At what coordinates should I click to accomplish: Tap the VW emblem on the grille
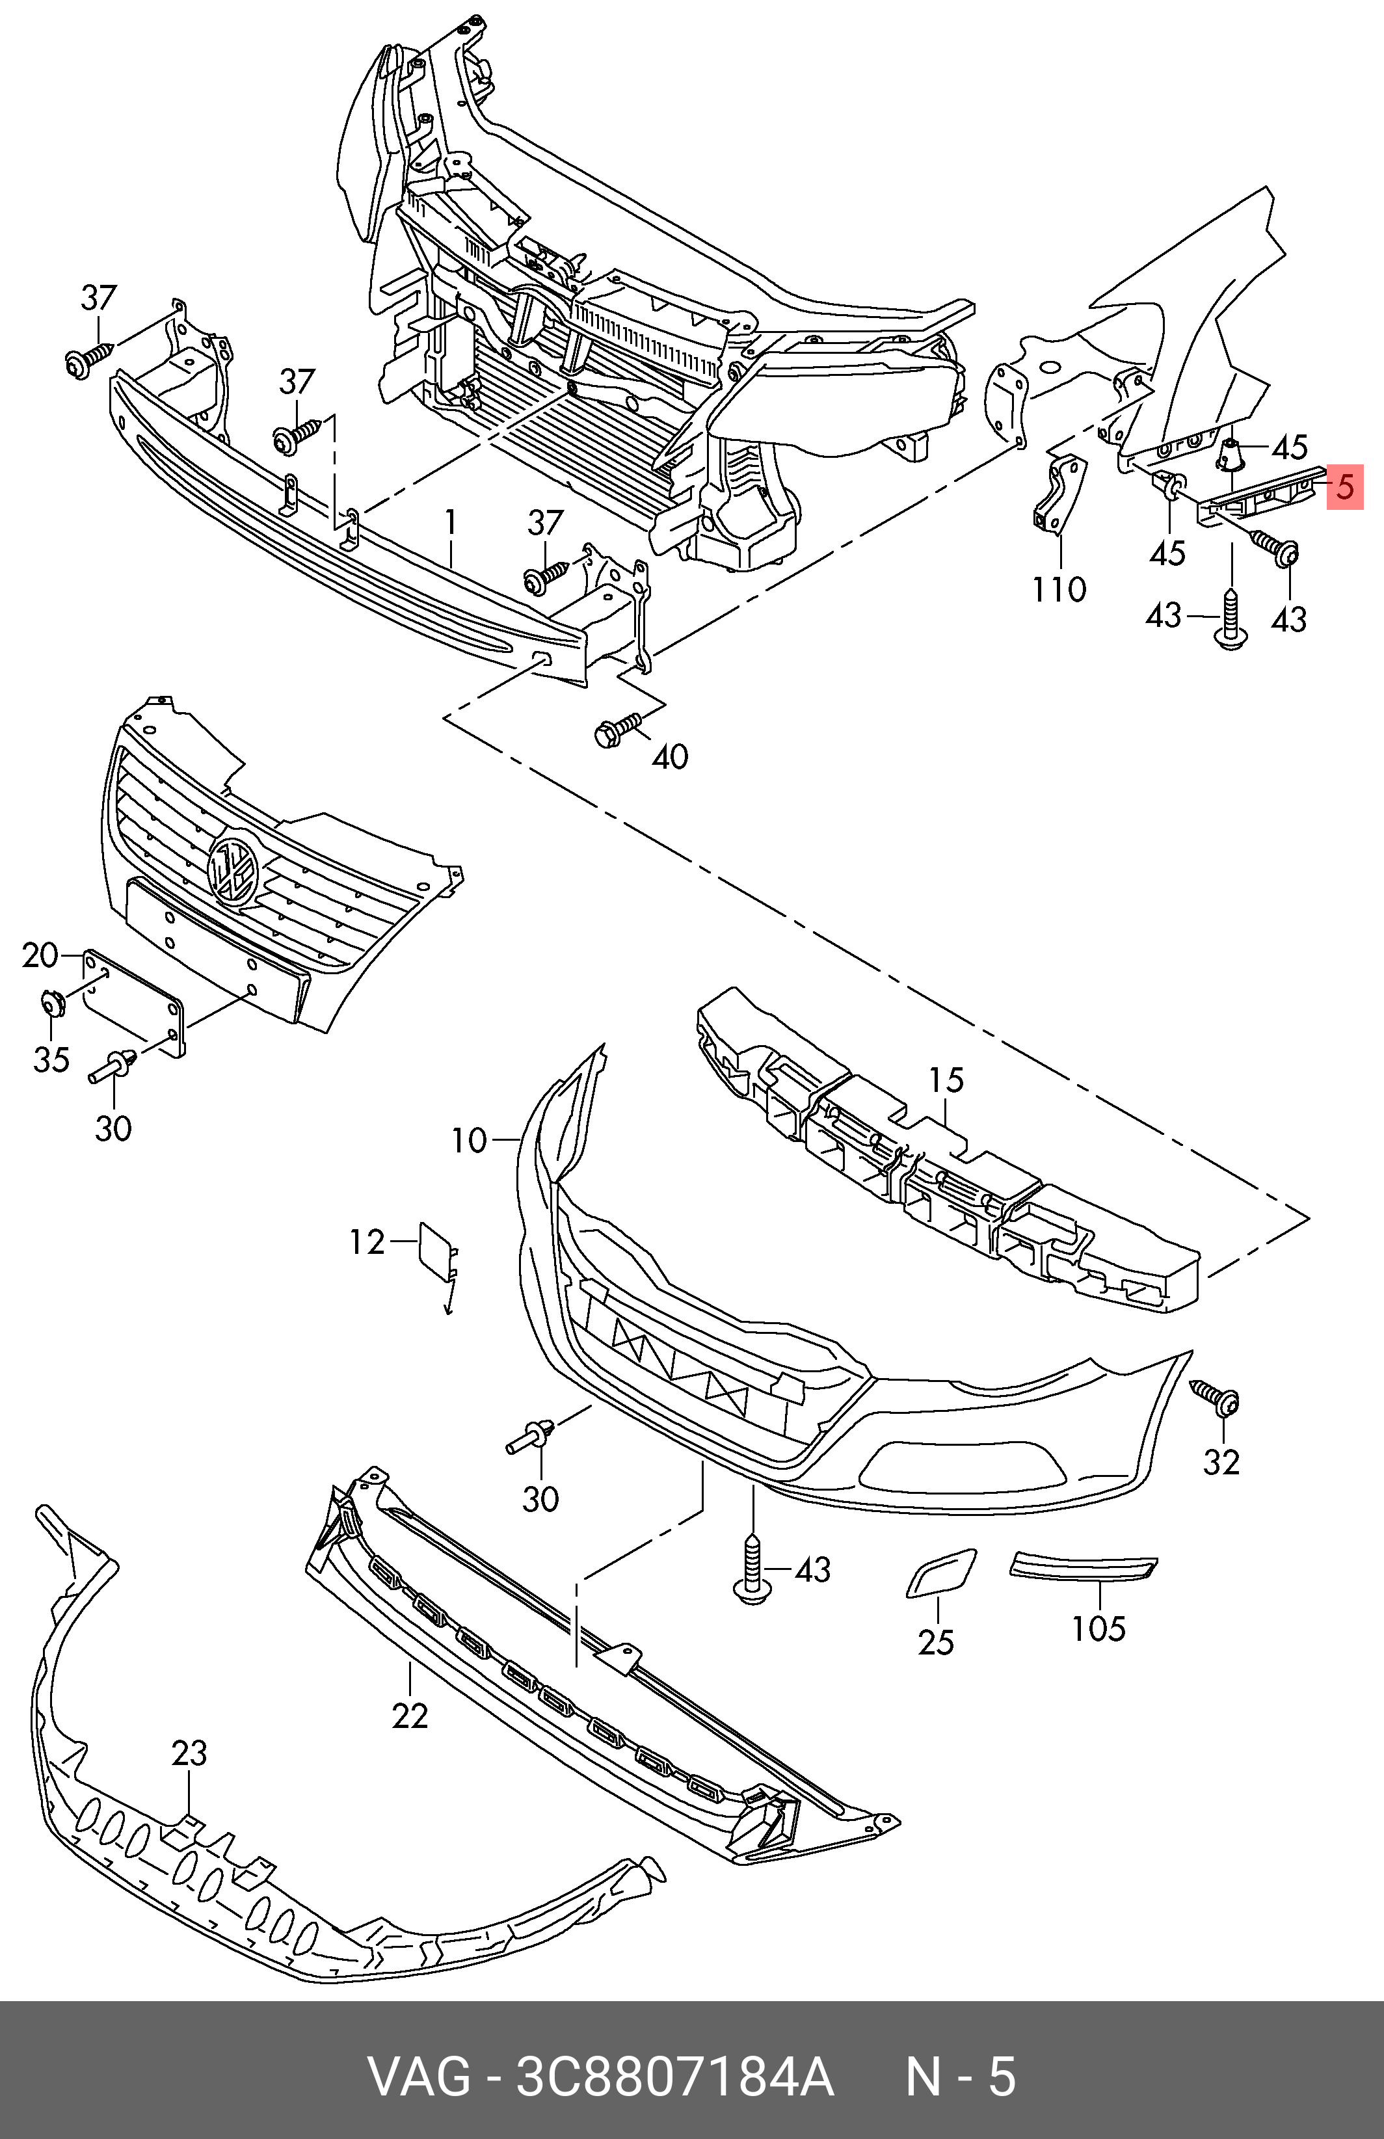(x=233, y=868)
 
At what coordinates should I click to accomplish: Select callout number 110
(x=1059, y=591)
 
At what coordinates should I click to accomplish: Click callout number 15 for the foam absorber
(x=946, y=1080)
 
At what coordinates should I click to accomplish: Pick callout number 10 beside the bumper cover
(x=468, y=1141)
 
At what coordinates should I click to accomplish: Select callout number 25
(x=935, y=1642)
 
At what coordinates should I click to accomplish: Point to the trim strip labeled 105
(x=1084, y=1568)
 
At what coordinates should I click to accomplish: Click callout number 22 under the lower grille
(x=410, y=1716)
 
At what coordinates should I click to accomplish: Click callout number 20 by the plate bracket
(x=40, y=955)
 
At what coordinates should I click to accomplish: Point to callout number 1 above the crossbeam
(x=450, y=522)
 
